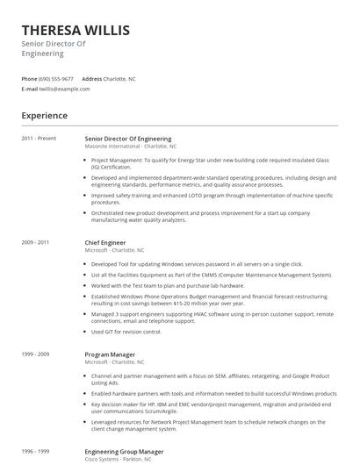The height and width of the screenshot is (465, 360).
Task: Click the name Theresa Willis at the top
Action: (76, 31)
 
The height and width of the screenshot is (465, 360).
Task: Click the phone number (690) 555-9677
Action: (57, 78)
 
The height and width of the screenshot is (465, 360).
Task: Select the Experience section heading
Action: (45, 116)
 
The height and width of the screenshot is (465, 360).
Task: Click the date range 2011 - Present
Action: (39, 139)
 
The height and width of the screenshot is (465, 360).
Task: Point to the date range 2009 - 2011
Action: (36, 241)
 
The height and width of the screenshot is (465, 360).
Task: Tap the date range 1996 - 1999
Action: (36, 451)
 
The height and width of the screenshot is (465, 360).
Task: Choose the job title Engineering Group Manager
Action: (124, 451)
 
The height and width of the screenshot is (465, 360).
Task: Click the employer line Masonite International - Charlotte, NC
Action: (131, 147)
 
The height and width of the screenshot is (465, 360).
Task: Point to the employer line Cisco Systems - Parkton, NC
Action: (119, 459)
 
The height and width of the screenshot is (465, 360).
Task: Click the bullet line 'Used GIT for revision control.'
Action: (126, 332)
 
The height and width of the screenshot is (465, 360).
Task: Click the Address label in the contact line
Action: (92, 78)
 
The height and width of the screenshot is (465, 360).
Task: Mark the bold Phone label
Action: (30, 78)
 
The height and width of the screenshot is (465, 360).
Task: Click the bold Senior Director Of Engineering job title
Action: (128, 139)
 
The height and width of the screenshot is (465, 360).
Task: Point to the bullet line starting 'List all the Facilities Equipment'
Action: (212, 275)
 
